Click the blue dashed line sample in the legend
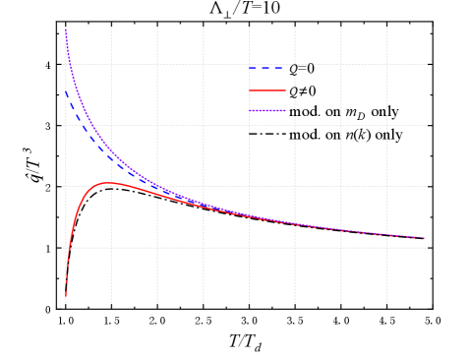(x=266, y=68)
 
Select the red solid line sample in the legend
(x=266, y=90)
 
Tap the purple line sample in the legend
(x=266, y=111)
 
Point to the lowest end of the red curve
(x=66, y=294)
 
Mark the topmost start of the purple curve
(x=66, y=30)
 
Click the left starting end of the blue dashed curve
(x=66, y=90)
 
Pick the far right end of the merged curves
(x=425, y=238)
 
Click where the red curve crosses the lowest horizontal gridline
(x=68, y=247)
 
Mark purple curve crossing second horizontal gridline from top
(x=88, y=125)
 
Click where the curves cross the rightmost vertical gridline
(x=386, y=233)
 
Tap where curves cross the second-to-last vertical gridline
(x=340, y=228)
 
